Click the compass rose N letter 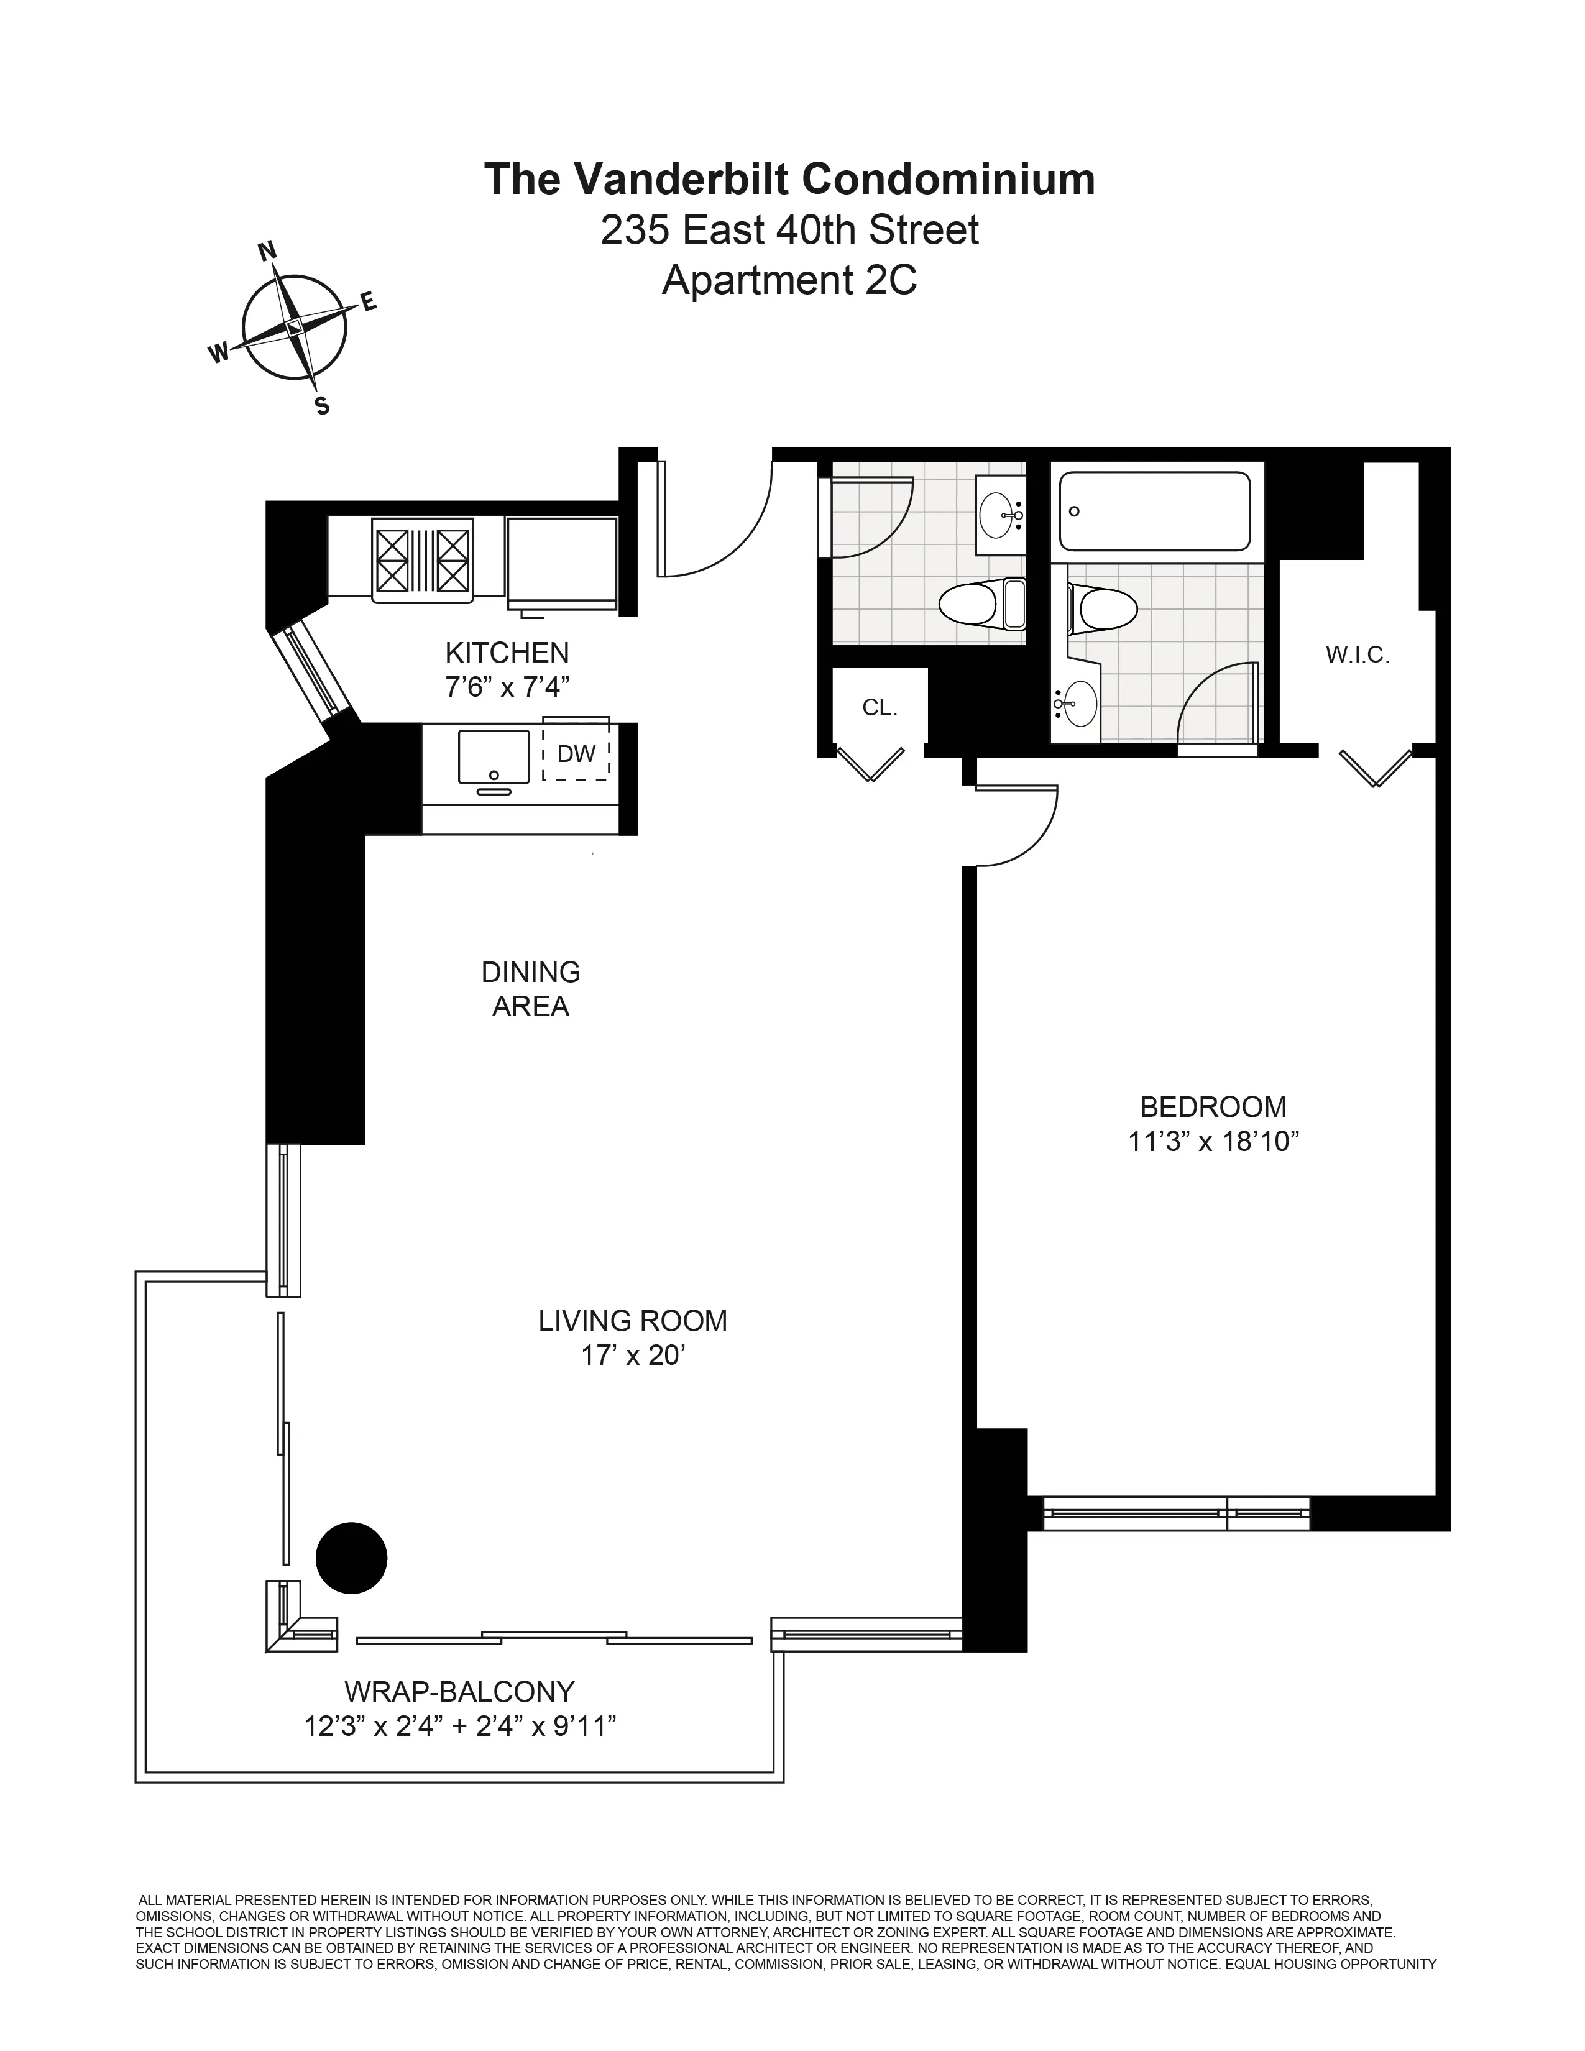[x=267, y=250]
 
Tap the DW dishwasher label [x=576, y=753]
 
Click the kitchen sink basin [x=494, y=756]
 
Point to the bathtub [x=1154, y=512]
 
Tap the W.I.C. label [x=1357, y=654]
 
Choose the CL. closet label [x=880, y=708]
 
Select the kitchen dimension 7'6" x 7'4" [x=507, y=687]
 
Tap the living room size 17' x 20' [x=632, y=1355]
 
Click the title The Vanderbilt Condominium [x=789, y=178]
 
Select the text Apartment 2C [x=789, y=280]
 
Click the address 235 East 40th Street [x=789, y=230]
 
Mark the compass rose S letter [x=322, y=406]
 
